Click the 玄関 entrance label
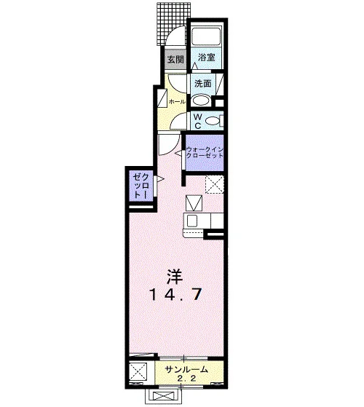pyautogui.click(x=175, y=60)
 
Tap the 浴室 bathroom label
pyautogui.click(x=207, y=57)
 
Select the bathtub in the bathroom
pyautogui.click(x=206, y=36)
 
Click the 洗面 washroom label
pyautogui.click(x=203, y=84)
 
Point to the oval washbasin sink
pyautogui.click(x=200, y=100)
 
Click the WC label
pyautogui.click(x=198, y=121)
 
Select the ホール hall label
pyautogui.click(x=177, y=102)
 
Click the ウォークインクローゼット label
pyautogui.click(x=205, y=153)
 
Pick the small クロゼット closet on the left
pyautogui.click(x=141, y=186)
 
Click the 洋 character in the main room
pyautogui.click(x=175, y=277)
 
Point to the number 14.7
pyautogui.click(x=175, y=295)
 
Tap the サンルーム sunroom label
pyautogui.click(x=186, y=370)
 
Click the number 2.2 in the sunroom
pyautogui.click(x=186, y=379)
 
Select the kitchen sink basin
pyautogui.click(x=192, y=221)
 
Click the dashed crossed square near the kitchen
pyautogui.click(x=214, y=184)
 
